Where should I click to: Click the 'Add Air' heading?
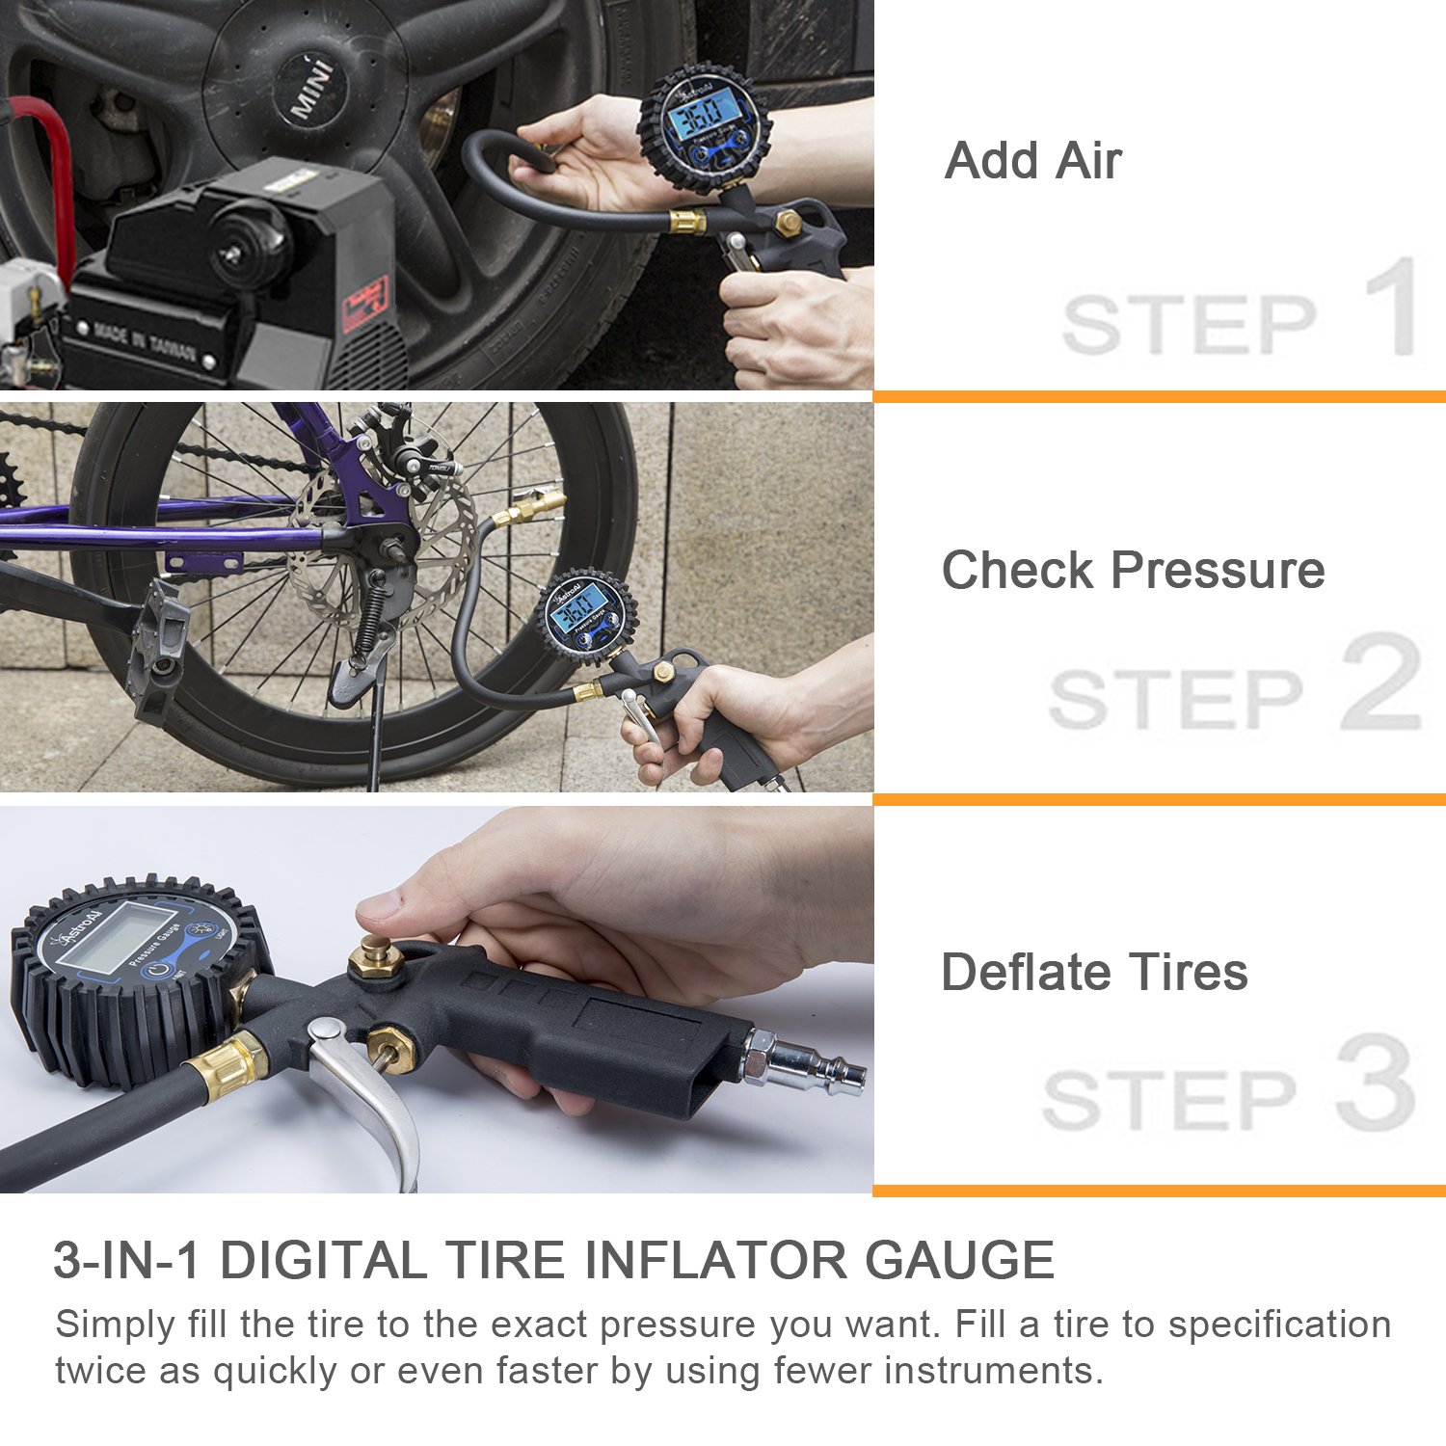[x=1032, y=160]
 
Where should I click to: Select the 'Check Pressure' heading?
[x=1133, y=570]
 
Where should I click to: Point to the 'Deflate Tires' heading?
[x=1094, y=972]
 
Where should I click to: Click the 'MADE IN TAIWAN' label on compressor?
[x=145, y=342]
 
